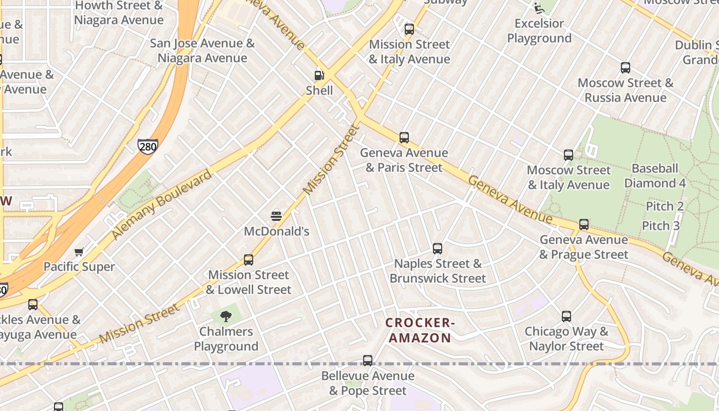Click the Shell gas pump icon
pos(319,76)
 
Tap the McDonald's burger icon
pos(276,216)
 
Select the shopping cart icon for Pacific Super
pos(79,252)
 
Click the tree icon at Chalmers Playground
pos(225,316)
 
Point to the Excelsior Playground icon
pos(539,8)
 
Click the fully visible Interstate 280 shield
pos(147,146)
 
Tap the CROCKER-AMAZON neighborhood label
pos(420,330)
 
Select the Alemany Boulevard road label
pos(161,204)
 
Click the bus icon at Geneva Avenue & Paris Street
pos(404,138)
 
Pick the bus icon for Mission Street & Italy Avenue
pos(409,29)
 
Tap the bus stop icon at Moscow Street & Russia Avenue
pos(626,68)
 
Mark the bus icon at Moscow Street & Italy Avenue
pos(569,155)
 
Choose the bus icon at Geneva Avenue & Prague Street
pos(584,225)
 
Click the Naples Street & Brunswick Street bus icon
pos(438,249)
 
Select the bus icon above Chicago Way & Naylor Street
pos(566,316)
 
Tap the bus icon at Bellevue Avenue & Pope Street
pos(368,361)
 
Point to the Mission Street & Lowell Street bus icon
pos(249,260)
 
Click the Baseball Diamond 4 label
pos(654,176)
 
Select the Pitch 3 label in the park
pos(660,226)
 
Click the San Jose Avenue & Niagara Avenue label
pos(202,50)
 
